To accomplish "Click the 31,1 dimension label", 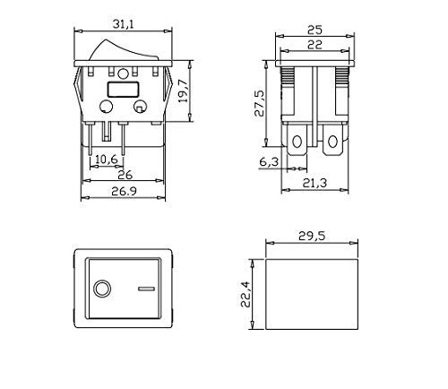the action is click(x=124, y=24).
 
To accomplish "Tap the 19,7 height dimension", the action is click(x=183, y=91).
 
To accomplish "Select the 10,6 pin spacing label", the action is click(x=107, y=160).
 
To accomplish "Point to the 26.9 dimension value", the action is click(x=124, y=191).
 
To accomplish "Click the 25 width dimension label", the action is click(x=314, y=30).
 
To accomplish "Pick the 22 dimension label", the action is click(x=314, y=45).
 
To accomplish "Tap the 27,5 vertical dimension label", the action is click(x=259, y=103).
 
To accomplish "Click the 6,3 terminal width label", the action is click(x=269, y=161).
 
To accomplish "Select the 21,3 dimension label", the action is click(x=314, y=183).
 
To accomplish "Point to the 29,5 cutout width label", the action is click(x=312, y=236).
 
